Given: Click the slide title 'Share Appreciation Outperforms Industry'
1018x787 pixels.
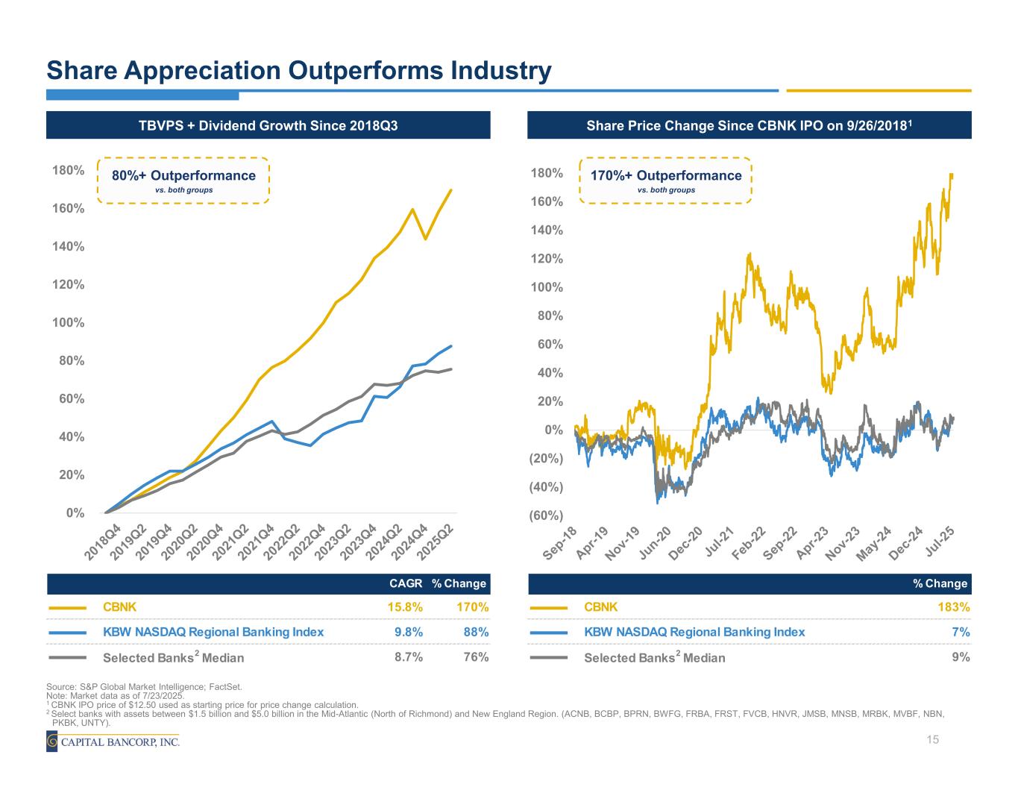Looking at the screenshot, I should [x=299, y=71].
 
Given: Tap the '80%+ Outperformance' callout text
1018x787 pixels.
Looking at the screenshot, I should [x=183, y=176].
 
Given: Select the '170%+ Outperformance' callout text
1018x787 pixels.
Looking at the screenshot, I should [x=666, y=176].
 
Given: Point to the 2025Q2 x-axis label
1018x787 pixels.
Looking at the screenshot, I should [x=436, y=539].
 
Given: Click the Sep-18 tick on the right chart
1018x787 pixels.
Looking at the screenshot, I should [x=561, y=543].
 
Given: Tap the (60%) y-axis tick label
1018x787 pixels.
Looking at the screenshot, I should [x=545, y=515].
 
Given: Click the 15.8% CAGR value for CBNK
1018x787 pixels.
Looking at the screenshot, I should [x=408, y=607].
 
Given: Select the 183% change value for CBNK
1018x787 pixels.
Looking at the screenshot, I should [x=955, y=607].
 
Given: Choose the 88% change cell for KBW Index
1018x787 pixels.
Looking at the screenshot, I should [x=476, y=632].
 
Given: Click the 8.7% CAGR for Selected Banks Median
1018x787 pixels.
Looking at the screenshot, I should [x=408, y=657].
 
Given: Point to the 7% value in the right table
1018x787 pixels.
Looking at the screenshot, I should [x=961, y=632].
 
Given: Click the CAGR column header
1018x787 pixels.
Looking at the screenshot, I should [x=406, y=583].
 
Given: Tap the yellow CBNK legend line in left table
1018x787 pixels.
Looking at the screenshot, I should [x=68, y=608].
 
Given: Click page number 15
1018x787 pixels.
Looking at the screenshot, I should [x=931, y=739].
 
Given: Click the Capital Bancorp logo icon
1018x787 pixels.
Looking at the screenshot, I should [x=52, y=741].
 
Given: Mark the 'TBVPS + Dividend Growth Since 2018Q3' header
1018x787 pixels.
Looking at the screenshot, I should [x=268, y=125].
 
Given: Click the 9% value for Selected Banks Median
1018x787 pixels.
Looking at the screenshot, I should [x=961, y=657].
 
